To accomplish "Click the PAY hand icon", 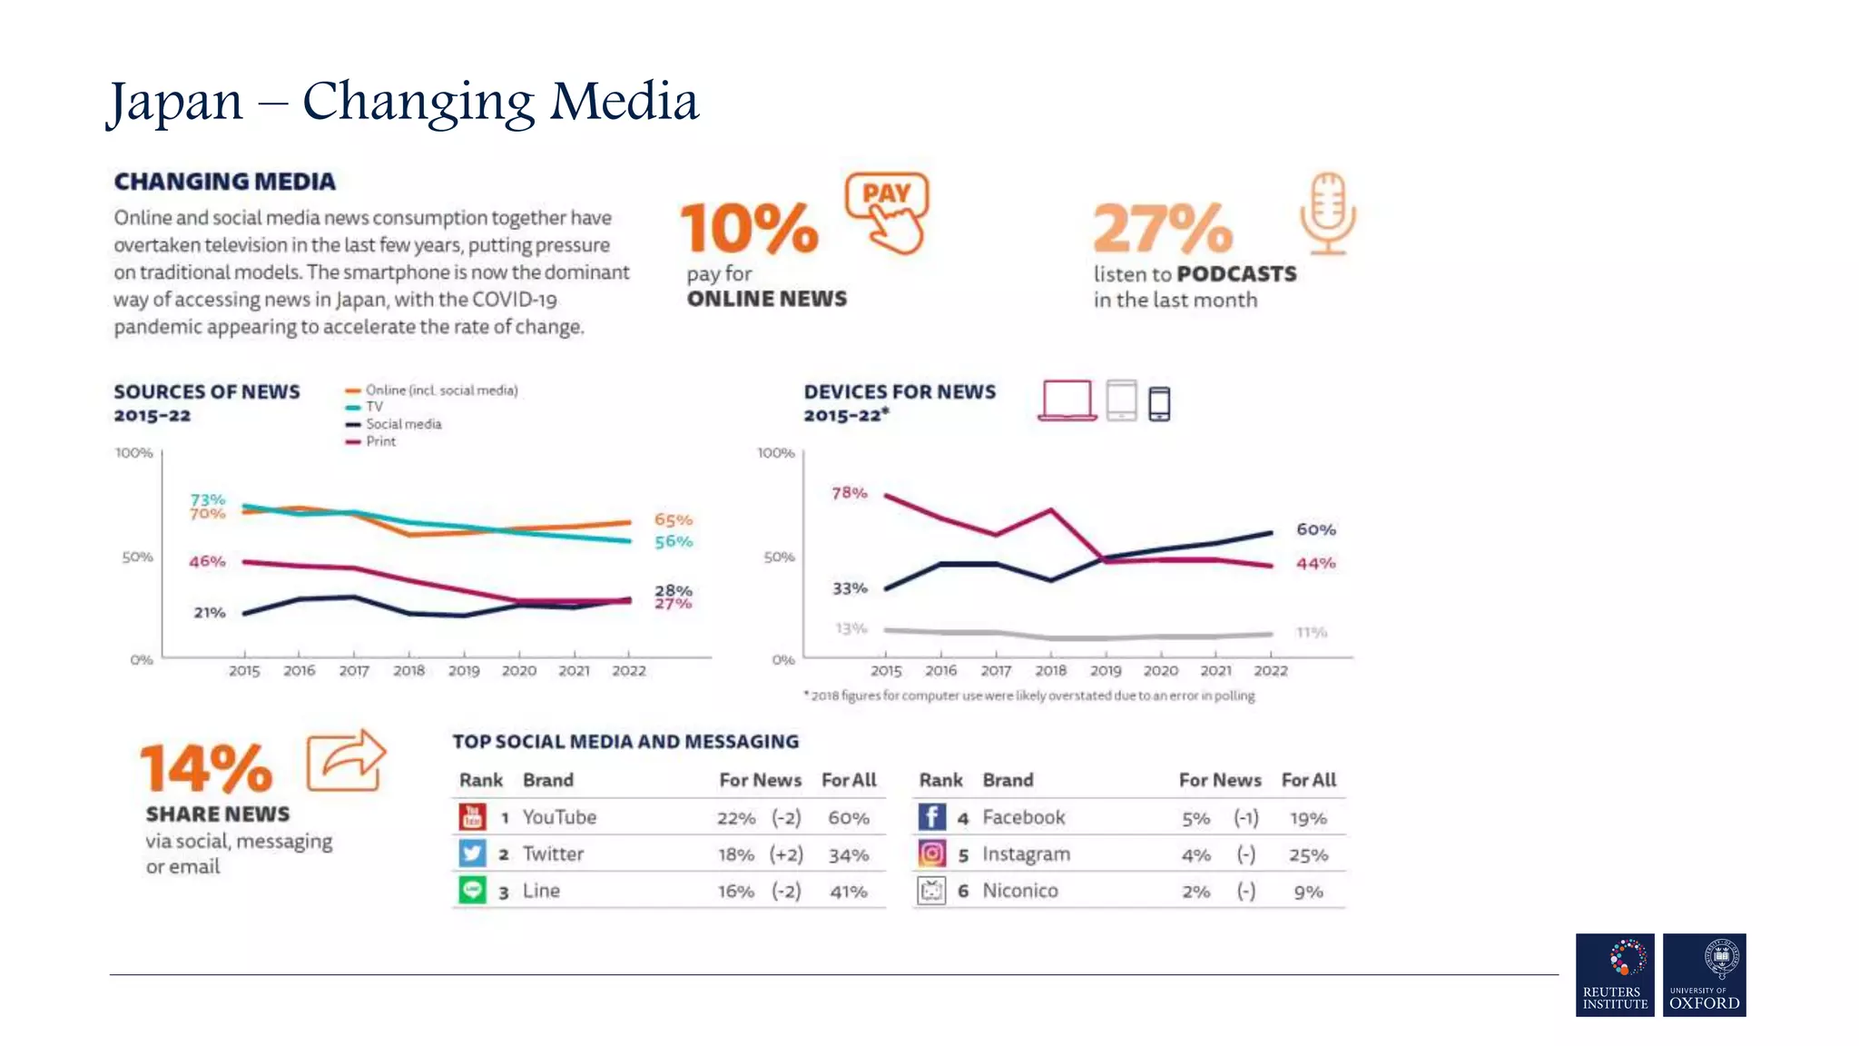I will (x=887, y=212).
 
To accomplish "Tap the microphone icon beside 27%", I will (x=1327, y=213).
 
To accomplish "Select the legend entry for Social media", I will (x=403, y=424).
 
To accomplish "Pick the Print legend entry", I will (x=380, y=441).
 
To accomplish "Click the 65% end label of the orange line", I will (x=673, y=520).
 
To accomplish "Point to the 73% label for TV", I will (x=207, y=499).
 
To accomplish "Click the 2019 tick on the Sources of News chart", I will (x=464, y=671).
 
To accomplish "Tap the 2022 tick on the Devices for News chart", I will (x=1271, y=671).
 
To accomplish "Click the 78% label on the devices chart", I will (x=850, y=493).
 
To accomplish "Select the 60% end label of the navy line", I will (x=1315, y=529).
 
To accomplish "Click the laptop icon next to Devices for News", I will (x=1067, y=400).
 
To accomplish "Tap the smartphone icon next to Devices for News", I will (x=1159, y=403).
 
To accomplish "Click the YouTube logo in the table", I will (x=472, y=817).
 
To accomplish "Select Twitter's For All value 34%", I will (x=849, y=855).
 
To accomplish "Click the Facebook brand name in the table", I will (x=1023, y=817).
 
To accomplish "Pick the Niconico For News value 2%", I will (x=1195, y=892).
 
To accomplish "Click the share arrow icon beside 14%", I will (x=346, y=760).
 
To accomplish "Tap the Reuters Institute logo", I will (x=1615, y=974).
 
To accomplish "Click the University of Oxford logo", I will (x=1704, y=974).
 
